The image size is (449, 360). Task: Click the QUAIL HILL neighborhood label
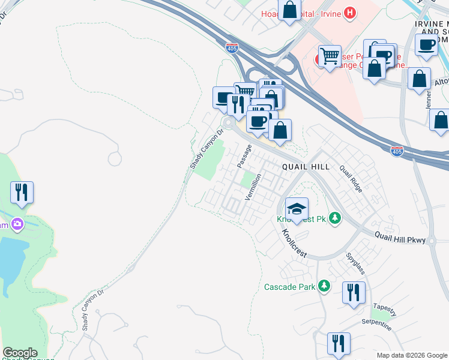(306, 167)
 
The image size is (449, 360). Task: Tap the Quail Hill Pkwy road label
(400, 238)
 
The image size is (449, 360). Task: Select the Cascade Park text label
(290, 287)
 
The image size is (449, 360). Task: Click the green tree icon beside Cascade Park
(325, 286)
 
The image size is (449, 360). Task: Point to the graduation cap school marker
(297, 209)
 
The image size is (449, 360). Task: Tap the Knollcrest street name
(294, 242)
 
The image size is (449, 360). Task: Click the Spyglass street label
(355, 262)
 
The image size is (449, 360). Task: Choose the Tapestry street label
(384, 310)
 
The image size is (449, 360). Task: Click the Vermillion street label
(254, 187)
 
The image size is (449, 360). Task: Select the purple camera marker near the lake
(17, 224)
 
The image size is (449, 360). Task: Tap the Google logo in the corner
(20, 353)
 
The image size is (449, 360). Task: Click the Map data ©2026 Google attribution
(412, 355)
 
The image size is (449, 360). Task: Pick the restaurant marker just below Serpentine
(339, 343)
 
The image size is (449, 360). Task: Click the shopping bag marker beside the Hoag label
(289, 10)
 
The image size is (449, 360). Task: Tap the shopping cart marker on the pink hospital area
(330, 56)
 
